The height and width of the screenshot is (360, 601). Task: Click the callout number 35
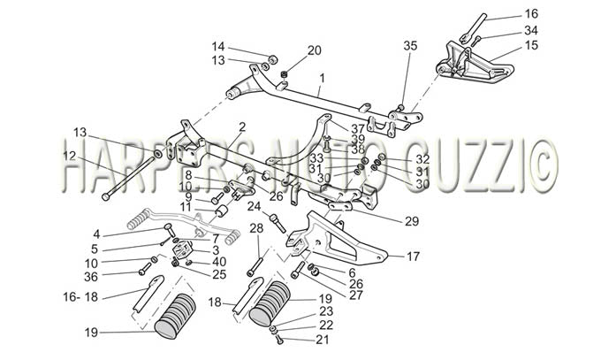tap(410, 46)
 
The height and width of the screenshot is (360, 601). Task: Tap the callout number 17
tap(413, 256)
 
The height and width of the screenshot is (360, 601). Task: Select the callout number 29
tap(412, 221)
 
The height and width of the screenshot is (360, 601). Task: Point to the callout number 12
tap(70, 157)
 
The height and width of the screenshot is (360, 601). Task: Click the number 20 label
tap(314, 50)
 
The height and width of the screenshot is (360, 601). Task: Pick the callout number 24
tap(254, 207)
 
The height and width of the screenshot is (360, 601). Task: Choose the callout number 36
tap(91, 277)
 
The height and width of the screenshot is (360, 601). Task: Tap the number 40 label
tap(219, 262)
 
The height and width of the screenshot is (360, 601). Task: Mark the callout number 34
tap(531, 30)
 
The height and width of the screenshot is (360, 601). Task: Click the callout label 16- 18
tap(81, 296)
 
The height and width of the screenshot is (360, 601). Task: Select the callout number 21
tap(323, 340)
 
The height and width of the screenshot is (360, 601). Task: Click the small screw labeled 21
tap(279, 340)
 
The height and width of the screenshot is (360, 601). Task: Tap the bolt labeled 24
tap(278, 224)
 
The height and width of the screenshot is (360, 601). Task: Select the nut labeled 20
tap(284, 74)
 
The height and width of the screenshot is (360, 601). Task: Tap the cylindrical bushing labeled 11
tap(223, 211)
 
